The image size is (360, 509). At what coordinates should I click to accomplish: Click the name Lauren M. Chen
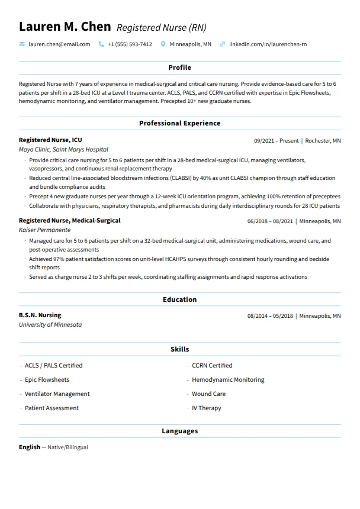[x=65, y=27]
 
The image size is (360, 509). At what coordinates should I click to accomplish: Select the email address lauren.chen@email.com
[x=59, y=44]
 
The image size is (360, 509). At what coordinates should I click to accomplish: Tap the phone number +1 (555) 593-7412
[x=130, y=44]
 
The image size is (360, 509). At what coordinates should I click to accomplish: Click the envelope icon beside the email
[x=22, y=44]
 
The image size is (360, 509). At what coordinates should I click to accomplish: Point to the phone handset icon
[x=101, y=44]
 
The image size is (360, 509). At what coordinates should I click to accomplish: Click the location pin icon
[x=163, y=44]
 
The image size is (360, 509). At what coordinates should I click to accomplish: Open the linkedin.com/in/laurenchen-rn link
[x=268, y=44]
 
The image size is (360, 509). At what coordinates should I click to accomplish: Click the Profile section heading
[x=179, y=68]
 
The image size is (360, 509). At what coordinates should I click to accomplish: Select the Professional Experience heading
[x=179, y=123]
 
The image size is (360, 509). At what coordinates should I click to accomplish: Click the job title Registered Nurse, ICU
[x=50, y=140]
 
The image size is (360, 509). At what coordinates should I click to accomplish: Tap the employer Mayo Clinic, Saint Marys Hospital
[x=63, y=150]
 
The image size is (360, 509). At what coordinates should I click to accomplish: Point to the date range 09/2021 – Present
[x=276, y=141]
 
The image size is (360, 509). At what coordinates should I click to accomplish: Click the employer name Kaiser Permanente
[x=44, y=230]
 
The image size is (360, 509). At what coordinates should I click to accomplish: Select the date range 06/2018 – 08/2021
[x=270, y=221]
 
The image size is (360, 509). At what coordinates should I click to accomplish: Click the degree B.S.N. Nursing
[x=40, y=315]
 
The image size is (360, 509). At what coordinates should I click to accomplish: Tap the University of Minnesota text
[x=50, y=325]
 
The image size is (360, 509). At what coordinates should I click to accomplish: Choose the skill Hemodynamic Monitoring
[x=228, y=380]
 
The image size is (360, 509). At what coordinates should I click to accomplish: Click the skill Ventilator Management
[x=57, y=394]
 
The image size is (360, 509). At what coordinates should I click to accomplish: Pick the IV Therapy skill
[x=206, y=408]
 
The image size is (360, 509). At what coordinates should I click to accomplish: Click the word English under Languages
[x=30, y=447]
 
